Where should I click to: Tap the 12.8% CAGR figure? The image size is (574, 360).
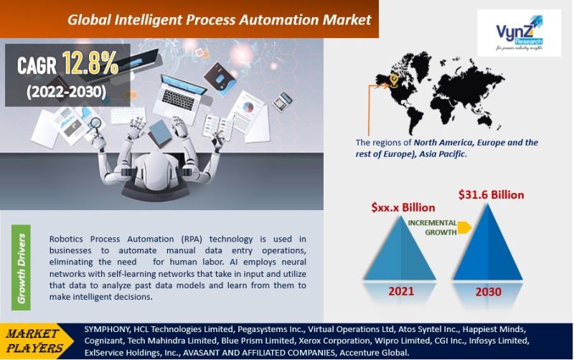coord(90,65)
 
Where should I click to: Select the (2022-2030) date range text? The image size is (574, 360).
coord(66,91)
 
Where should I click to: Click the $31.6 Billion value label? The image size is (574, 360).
coord(491,194)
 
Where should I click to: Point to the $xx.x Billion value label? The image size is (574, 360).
coord(403,207)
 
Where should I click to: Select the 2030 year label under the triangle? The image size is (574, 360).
coord(487,292)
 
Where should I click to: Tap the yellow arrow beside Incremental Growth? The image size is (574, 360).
coord(464,227)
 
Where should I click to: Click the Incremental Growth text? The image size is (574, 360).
coord(432,227)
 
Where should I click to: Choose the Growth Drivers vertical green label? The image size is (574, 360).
coord(22,267)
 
